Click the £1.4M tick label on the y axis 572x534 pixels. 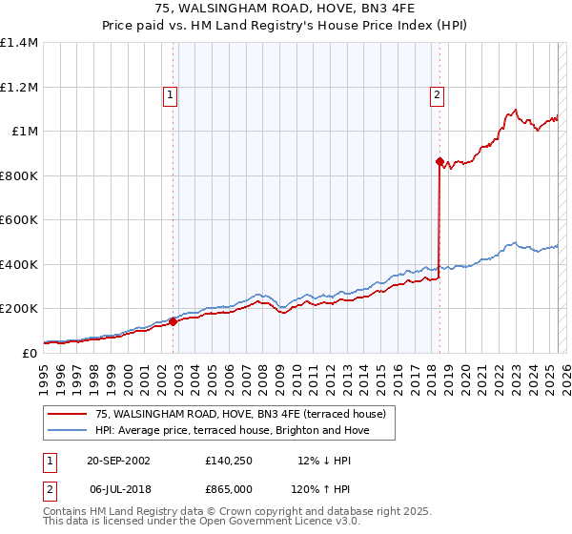coord(19,43)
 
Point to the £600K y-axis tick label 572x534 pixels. coord(19,219)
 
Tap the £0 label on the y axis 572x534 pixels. coord(31,353)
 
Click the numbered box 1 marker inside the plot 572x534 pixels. coord(170,93)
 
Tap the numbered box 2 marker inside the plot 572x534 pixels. coord(437,93)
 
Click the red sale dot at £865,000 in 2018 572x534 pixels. coord(439,162)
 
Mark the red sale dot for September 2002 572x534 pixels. coord(174,321)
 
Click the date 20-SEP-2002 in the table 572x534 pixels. coord(119,460)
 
